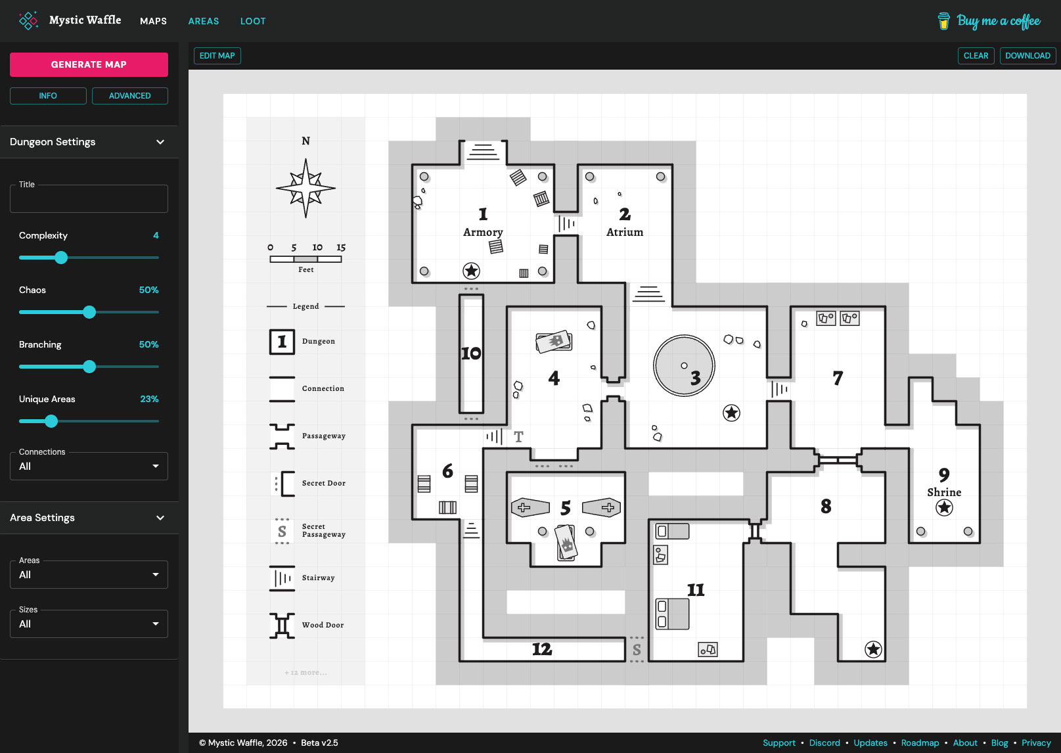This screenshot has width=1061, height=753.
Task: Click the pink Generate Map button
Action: (89, 64)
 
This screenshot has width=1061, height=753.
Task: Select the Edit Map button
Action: (217, 56)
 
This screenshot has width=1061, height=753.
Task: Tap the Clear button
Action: (976, 56)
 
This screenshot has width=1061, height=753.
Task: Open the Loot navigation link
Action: (253, 21)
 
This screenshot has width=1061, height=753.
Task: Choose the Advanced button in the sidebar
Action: (129, 96)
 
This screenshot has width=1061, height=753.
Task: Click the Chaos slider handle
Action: (89, 312)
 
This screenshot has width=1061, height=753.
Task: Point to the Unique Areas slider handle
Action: (51, 421)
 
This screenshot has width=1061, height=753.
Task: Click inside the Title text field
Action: (89, 199)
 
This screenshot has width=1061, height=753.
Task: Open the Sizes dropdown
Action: (89, 624)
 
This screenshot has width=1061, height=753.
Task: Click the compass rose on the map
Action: (305, 188)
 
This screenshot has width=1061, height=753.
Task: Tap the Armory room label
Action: (483, 232)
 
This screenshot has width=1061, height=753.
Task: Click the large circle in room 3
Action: (683, 365)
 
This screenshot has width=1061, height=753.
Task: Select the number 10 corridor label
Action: (471, 354)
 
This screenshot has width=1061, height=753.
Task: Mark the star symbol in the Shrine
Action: (944, 507)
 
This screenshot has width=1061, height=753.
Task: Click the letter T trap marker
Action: (518, 437)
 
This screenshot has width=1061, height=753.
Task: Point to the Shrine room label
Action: (944, 492)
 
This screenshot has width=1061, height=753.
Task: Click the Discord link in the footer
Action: (824, 742)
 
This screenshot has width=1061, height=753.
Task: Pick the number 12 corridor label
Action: (542, 649)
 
